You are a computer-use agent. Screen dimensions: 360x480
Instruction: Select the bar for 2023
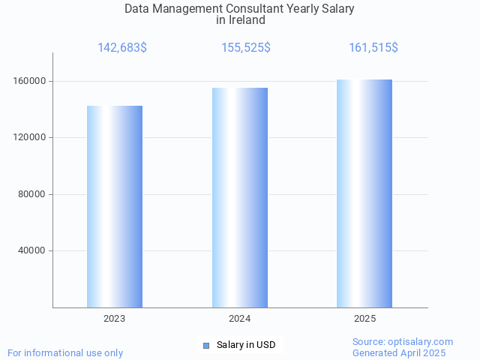tap(115, 206)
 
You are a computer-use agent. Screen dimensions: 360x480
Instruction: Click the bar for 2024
tap(240, 197)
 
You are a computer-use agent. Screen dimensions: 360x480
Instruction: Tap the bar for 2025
tap(364, 193)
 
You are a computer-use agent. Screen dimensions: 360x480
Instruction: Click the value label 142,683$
tap(122, 48)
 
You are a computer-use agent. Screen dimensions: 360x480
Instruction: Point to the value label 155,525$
tap(246, 48)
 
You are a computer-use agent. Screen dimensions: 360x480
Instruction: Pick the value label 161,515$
tap(373, 48)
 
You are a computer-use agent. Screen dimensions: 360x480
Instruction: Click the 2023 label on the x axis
tap(115, 319)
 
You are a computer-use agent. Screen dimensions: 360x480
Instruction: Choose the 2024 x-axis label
tap(240, 319)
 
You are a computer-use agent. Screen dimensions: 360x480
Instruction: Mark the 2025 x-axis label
tap(365, 319)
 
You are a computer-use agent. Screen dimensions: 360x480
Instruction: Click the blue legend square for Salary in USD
tap(206, 345)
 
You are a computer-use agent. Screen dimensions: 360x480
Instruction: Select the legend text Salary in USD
tap(246, 345)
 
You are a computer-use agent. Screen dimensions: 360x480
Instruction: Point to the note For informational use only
tap(65, 352)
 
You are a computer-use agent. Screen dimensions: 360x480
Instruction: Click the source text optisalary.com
tap(420, 341)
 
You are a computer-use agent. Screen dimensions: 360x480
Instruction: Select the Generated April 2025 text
tap(399, 352)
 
